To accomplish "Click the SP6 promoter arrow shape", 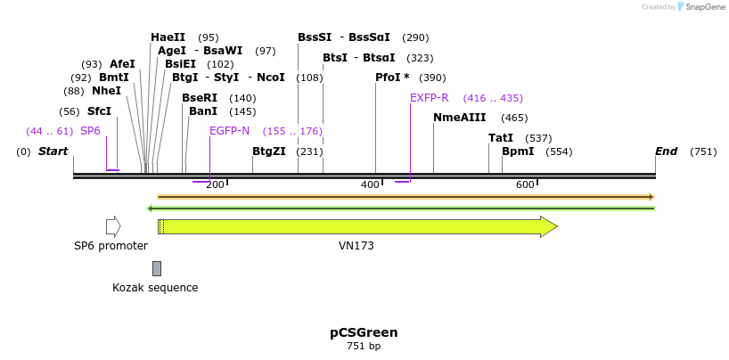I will click(112, 226).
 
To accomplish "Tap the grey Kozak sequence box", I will click(157, 268).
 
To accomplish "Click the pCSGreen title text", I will click(364, 332).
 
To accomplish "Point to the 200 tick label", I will click(215, 184).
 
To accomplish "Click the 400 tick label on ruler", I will click(370, 184).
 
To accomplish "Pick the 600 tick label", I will click(525, 184).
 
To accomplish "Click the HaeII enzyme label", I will click(168, 37).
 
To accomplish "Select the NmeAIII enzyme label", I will click(459, 118).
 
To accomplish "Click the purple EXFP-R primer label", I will click(429, 98).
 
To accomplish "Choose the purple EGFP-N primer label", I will click(229, 131).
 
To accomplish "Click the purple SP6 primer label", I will click(90, 131).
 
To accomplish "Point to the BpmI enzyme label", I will click(518, 151).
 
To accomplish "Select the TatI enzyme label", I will click(500, 138).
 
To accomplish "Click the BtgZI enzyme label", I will click(268, 151).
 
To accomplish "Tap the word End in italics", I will click(666, 151).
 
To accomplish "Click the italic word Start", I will click(53, 151).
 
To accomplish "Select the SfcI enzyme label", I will click(99, 111).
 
